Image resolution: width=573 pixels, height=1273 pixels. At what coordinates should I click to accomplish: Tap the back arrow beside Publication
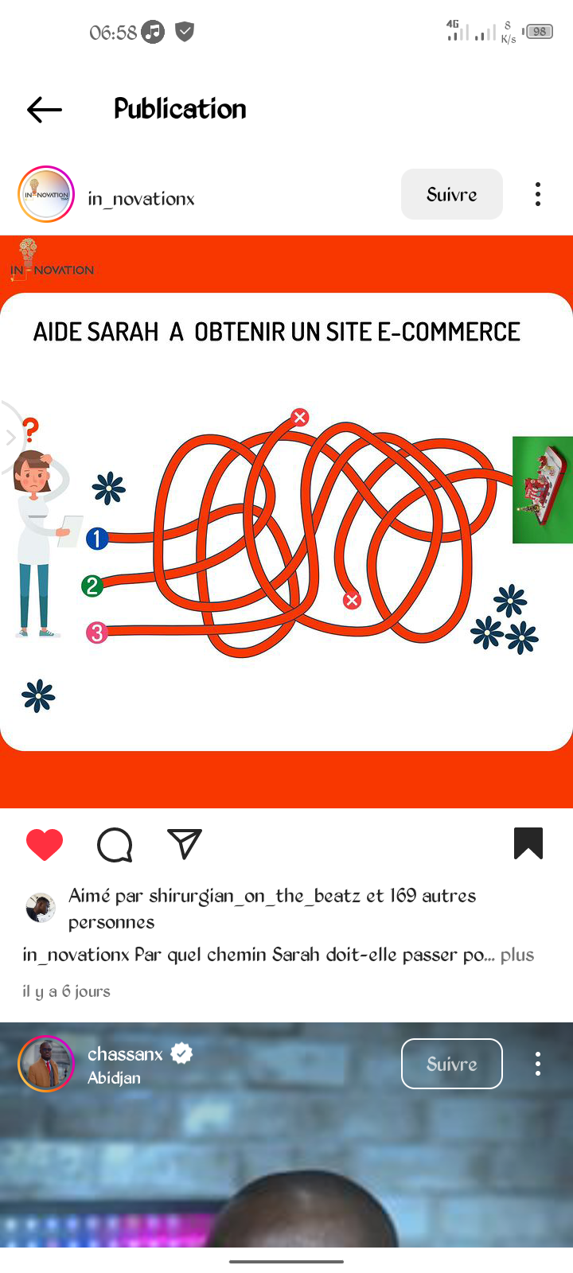(x=45, y=110)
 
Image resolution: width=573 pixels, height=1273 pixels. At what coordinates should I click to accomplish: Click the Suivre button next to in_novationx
(x=452, y=194)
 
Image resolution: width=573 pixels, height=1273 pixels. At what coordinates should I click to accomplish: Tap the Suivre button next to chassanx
(x=452, y=1064)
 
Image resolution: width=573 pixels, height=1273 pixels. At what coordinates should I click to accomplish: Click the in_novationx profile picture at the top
(x=46, y=194)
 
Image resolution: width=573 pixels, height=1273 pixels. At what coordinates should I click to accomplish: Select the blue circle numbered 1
(x=97, y=538)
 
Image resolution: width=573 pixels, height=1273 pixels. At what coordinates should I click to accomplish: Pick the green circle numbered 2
(x=92, y=586)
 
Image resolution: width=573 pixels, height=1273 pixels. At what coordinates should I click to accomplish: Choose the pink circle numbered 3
(x=96, y=633)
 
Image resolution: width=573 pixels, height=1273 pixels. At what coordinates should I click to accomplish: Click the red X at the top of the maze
(x=299, y=417)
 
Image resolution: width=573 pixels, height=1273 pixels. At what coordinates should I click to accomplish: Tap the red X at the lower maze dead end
(x=352, y=600)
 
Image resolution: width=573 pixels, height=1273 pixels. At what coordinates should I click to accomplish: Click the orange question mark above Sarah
(x=31, y=430)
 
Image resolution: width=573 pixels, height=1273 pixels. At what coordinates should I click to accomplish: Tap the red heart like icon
(x=45, y=844)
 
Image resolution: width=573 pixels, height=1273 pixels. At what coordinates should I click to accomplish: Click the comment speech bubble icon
(x=115, y=845)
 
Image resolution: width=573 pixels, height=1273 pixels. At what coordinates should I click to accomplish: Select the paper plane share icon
(x=184, y=844)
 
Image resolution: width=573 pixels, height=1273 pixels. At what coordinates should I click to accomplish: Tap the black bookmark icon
(x=528, y=843)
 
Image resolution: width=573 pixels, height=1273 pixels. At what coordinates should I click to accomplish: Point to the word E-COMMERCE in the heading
(x=449, y=333)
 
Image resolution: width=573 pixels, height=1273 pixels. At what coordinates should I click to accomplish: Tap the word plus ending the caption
(x=517, y=956)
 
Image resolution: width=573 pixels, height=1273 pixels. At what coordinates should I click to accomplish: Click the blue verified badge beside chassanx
(x=181, y=1053)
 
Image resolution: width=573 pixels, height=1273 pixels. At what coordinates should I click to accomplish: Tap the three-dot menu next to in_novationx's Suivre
(x=538, y=194)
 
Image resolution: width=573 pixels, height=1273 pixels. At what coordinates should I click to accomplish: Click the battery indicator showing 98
(x=538, y=32)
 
